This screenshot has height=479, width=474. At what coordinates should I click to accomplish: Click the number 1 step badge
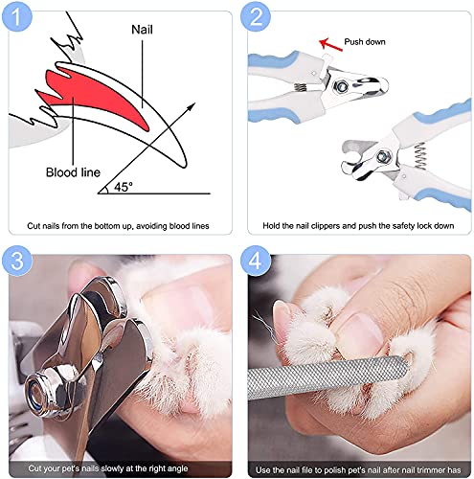tap(16, 17)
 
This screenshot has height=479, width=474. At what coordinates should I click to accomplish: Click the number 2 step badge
tap(256, 17)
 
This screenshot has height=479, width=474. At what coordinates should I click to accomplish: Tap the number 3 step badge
tap(16, 261)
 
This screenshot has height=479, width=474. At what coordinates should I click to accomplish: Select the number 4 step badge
tap(256, 261)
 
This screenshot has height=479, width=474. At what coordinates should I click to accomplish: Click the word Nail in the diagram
tap(142, 30)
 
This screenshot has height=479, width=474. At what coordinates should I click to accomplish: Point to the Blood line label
tap(73, 172)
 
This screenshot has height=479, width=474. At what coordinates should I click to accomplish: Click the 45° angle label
tap(123, 187)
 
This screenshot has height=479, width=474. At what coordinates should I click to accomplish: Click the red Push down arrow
tap(330, 44)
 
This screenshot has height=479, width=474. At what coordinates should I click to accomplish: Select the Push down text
tap(365, 42)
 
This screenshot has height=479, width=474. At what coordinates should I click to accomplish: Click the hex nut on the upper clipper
tap(340, 86)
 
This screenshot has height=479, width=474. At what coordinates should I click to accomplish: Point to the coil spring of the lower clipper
tap(420, 155)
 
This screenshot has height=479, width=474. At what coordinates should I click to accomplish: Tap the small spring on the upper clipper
tap(300, 87)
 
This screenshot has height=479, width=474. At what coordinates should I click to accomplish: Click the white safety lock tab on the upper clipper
tap(327, 61)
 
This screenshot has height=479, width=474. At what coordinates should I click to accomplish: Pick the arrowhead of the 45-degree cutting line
tap(191, 106)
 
